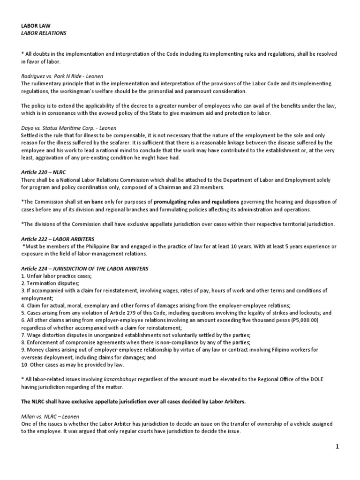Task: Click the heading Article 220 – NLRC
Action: tap(44, 172)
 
